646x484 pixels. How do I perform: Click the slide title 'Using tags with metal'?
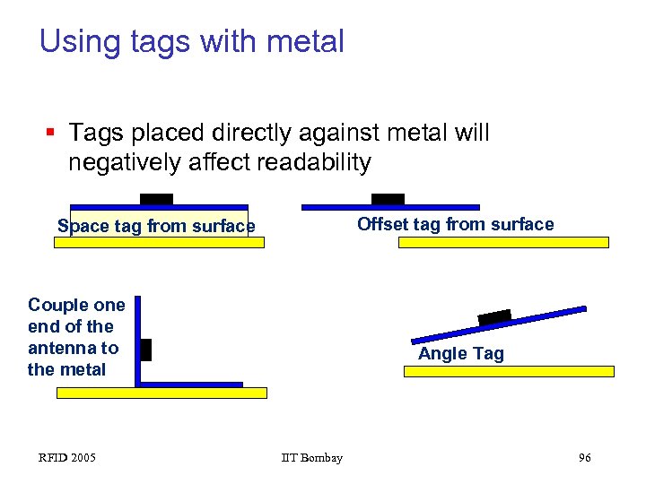191,41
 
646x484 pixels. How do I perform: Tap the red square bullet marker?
52,134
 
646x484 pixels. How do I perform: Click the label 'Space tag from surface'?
156,227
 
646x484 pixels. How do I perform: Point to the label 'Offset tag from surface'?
455,224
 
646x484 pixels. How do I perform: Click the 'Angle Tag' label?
460,353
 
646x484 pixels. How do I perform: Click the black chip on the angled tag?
494,317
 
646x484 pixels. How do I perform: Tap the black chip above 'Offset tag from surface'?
388,198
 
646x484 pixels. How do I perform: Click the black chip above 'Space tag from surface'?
156,198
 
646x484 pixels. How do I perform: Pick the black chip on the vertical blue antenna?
146,350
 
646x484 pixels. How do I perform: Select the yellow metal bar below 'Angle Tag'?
509,371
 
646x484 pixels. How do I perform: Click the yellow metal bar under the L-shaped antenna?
161,393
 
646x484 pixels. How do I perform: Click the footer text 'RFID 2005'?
67,458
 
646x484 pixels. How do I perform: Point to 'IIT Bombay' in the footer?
311,458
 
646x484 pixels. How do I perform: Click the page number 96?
584,458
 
